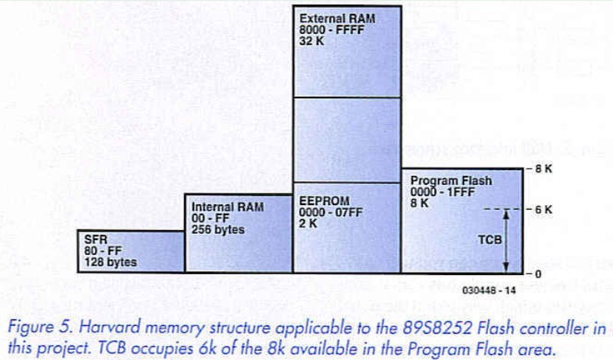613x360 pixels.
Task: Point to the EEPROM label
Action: [x=317, y=201]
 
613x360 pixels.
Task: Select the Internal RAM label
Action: [x=220, y=207]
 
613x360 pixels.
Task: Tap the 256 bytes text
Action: [x=218, y=229]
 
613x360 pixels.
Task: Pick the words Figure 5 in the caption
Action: [x=33, y=327]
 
